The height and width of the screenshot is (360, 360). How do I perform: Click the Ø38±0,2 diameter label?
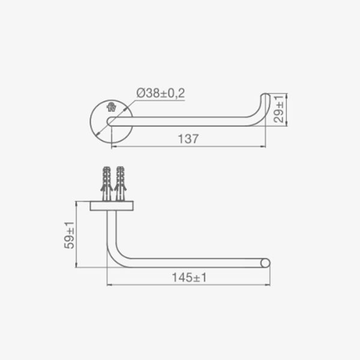(x=160, y=93)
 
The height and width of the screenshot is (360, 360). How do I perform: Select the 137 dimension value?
(x=188, y=139)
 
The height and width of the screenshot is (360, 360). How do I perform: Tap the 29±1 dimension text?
(x=279, y=109)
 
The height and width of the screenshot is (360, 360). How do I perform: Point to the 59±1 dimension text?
(x=69, y=235)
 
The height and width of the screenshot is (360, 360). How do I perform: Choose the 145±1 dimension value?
(x=189, y=277)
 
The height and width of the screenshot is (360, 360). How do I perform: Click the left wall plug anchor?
(x=107, y=184)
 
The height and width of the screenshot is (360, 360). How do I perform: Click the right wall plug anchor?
(x=121, y=184)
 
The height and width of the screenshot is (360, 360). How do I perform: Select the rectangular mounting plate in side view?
(x=112, y=206)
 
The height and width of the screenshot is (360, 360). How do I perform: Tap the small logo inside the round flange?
(x=112, y=107)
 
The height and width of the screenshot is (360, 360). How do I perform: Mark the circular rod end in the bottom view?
(x=265, y=263)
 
